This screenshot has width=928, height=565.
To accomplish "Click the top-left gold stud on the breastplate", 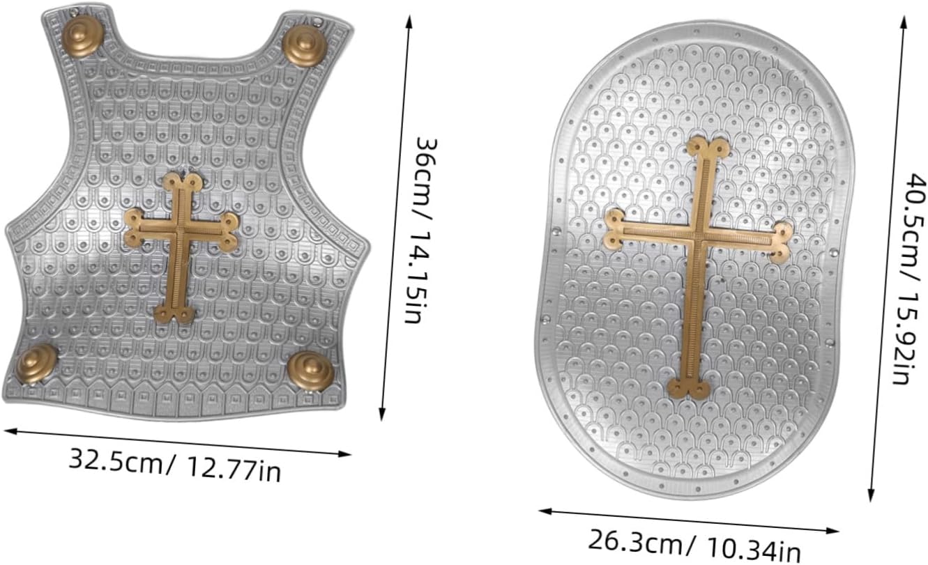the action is tap(83, 36).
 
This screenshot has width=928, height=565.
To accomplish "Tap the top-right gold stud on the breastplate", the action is tap(305, 45).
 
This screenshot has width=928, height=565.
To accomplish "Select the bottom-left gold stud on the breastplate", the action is tap(37, 364).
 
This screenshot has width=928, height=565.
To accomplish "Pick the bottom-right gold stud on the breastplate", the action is tap(311, 371).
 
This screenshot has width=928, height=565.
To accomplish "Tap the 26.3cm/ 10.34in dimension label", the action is tap(694, 545).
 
